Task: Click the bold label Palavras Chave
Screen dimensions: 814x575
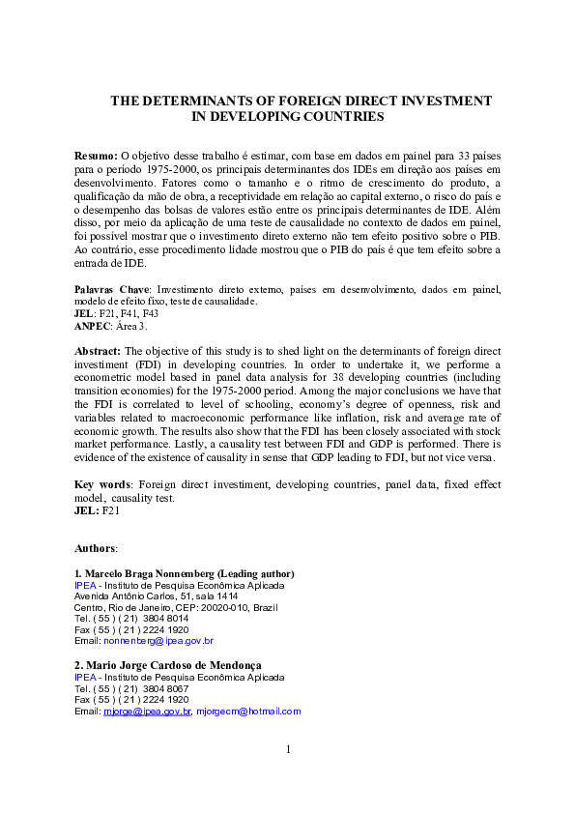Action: click(112, 289)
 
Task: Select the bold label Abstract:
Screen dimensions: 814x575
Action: click(99, 352)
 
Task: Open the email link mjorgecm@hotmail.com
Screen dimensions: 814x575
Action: click(255, 712)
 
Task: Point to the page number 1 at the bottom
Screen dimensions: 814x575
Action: click(288, 749)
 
